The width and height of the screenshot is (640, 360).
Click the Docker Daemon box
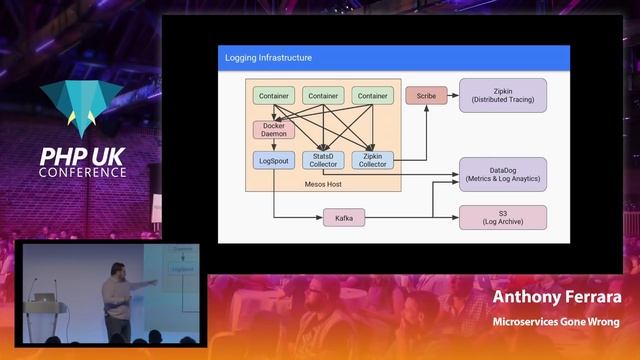pos(274,129)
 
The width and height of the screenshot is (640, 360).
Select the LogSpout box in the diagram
pos(274,160)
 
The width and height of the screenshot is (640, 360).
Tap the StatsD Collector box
pos(323,160)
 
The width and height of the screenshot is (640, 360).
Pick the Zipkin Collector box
pos(373,160)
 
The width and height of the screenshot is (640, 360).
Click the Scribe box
pos(426,96)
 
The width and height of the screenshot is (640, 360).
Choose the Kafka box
pos(344,218)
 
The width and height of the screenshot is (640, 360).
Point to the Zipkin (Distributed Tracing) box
pos(503,96)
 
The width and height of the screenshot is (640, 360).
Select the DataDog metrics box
pos(503,174)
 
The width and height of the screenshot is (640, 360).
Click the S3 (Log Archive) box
pos(503,217)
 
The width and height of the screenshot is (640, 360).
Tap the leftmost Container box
pos(274,96)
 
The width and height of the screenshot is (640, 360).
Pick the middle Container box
pos(323,96)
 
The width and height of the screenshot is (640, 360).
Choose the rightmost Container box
pos(373,96)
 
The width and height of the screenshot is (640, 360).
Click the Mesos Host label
pos(324,184)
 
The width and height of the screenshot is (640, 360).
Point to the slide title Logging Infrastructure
pos(269,58)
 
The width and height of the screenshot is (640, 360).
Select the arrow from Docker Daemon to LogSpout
pos(274,145)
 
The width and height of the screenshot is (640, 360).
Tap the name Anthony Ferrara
pos(557,299)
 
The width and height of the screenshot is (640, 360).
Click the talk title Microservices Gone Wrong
pos(556,322)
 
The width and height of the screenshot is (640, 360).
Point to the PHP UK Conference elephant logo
pos(83,106)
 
